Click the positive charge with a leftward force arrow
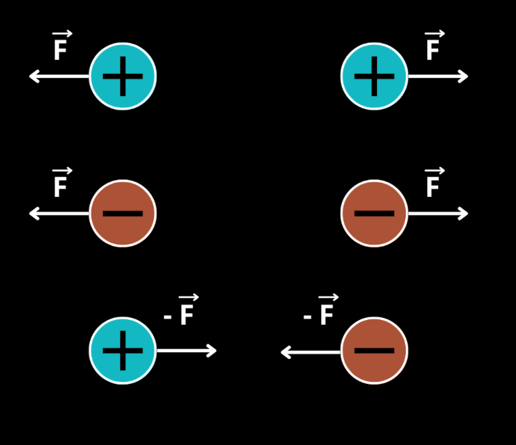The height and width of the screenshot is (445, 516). (123, 76)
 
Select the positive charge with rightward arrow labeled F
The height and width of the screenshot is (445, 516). (374, 76)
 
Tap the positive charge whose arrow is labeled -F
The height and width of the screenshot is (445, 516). (123, 350)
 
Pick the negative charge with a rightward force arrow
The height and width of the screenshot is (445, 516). (374, 213)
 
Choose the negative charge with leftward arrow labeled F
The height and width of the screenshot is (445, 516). (123, 213)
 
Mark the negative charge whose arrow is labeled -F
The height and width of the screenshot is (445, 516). (374, 350)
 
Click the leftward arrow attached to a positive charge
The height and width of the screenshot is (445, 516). (59, 77)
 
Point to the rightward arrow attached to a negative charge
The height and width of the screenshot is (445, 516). (438, 214)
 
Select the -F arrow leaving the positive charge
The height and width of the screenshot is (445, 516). (186, 350)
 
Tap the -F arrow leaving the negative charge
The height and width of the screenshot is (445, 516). (311, 351)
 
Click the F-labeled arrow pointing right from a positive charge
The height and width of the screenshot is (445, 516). (438, 77)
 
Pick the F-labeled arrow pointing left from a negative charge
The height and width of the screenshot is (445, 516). (59, 214)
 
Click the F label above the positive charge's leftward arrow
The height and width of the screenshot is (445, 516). (60, 48)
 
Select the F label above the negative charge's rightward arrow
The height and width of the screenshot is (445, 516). (433, 185)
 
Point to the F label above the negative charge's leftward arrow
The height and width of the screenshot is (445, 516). (60, 185)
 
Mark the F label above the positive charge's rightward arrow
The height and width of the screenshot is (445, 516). (433, 48)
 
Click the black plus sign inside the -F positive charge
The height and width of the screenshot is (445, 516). (123, 350)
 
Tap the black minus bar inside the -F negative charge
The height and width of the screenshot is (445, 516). (374, 350)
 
